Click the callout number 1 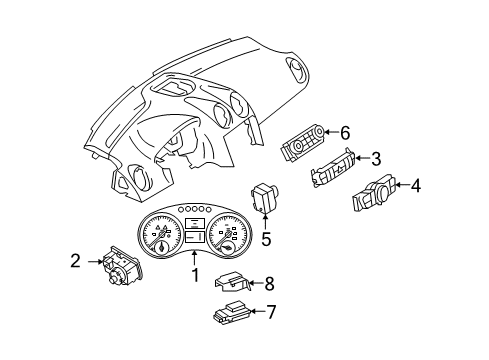195,275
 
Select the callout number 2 76,261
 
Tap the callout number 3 376,159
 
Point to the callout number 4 415,186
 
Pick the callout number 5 266,239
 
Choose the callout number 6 345,133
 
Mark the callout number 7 271,312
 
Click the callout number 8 269,284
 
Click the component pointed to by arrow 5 265,198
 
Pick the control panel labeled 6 302,143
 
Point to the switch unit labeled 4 374,192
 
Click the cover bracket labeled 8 232,282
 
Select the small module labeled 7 231,312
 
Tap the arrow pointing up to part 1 194,259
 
